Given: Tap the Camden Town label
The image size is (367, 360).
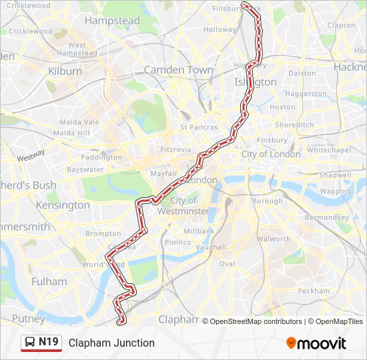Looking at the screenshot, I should (178, 70).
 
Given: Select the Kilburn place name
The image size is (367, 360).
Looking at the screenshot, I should (65, 70).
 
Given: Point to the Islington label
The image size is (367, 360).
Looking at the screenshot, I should (256, 82).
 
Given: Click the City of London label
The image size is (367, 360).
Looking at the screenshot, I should (271, 154).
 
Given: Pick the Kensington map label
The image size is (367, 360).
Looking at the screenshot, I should (63, 205).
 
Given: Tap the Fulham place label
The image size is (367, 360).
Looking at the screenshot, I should (49, 281).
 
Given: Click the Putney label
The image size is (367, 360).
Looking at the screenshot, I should (28, 319).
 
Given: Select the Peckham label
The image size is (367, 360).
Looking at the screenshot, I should (314, 291).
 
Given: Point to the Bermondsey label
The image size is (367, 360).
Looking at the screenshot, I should (326, 218).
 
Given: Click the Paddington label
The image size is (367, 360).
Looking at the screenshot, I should (101, 157).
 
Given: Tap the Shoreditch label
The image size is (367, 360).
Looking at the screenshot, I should (294, 125).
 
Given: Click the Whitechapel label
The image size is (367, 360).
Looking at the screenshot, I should (329, 150).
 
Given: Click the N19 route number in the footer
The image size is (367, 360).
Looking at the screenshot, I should (49, 343).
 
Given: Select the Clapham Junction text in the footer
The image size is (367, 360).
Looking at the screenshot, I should (111, 343).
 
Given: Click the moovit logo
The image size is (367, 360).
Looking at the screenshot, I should (316, 343).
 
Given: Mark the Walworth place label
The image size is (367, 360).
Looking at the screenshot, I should (274, 239).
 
